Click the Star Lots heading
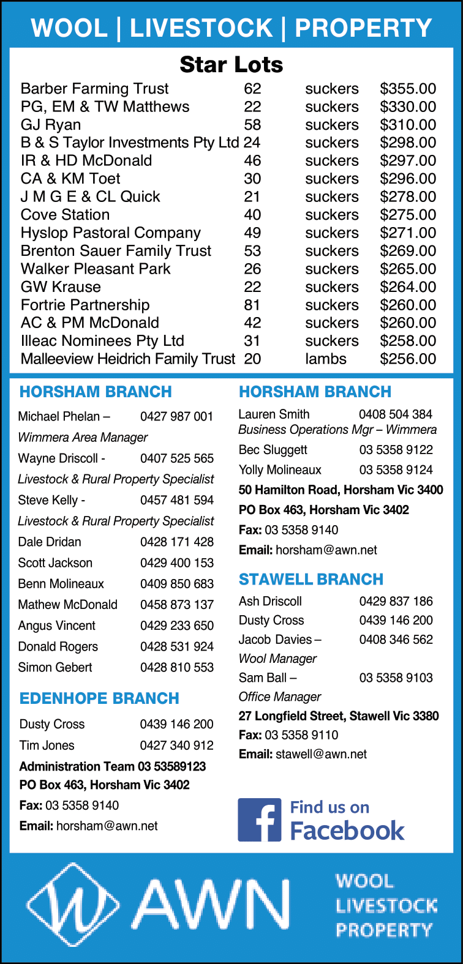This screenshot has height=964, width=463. [231, 64]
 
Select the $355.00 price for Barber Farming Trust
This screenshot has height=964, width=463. [408, 89]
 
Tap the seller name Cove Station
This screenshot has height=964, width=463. [66, 215]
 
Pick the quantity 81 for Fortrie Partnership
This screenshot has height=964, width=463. [252, 305]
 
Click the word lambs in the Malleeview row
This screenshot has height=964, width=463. [326, 359]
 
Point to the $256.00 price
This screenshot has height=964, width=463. [408, 359]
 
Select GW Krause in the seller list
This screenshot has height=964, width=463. [61, 286]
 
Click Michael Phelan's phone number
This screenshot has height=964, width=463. [176, 416]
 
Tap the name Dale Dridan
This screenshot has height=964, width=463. [50, 542]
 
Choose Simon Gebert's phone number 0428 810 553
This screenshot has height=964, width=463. [176, 667]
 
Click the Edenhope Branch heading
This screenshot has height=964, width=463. [99, 698]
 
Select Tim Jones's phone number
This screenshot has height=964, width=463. [176, 745]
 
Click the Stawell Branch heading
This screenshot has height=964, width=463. [311, 579]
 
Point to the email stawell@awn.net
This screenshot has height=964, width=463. [321, 754]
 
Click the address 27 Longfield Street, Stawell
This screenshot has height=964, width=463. [339, 716]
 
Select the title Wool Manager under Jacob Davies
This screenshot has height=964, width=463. [277, 659]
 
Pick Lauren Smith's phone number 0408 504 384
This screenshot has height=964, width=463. [396, 414]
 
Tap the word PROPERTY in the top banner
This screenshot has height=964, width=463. [363, 28]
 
